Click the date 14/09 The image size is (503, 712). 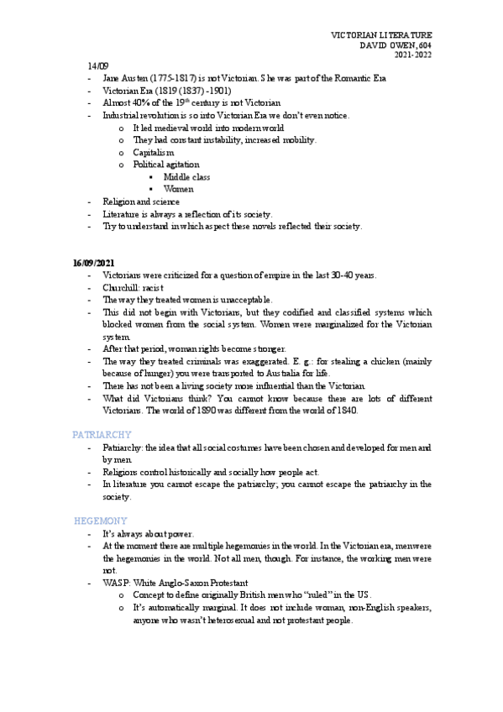[x=97, y=65]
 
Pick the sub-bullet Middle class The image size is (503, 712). [x=186, y=177]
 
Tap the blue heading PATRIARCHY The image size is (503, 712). [x=102, y=434]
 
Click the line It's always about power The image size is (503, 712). [x=148, y=534]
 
